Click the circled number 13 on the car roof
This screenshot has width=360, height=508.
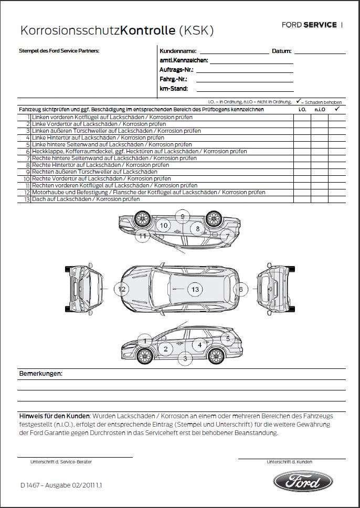point(195,289)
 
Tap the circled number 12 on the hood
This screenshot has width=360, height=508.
point(122,289)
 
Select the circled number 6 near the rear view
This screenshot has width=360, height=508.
point(241,289)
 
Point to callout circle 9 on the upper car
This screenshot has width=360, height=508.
point(182,216)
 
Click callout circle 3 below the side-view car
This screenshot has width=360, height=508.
point(184,359)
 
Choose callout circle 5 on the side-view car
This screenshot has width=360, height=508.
point(228,338)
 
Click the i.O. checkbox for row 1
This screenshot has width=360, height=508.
point(302,118)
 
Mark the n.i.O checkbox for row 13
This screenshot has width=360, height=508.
point(320,199)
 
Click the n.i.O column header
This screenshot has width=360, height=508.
point(320,110)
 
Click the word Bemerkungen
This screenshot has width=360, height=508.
point(40,374)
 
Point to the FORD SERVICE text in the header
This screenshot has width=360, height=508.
point(309,25)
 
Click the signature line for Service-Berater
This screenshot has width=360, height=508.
point(75,457)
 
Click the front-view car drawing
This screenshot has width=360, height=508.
point(83,289)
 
